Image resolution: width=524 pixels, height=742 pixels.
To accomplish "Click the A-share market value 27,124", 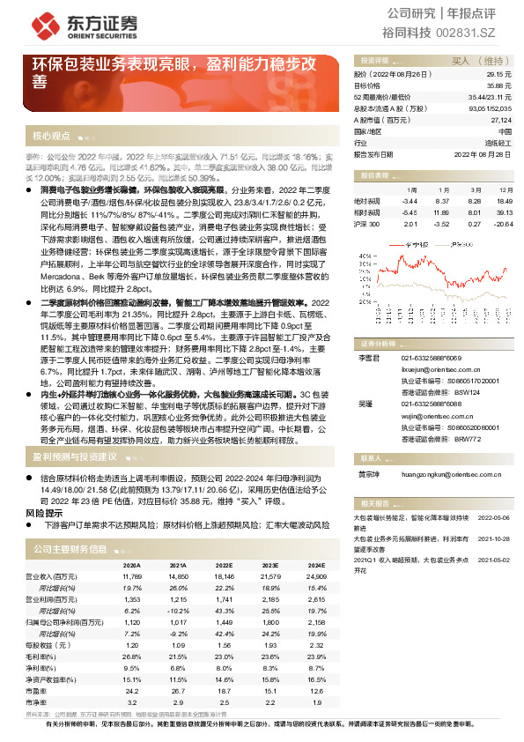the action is (499, 119).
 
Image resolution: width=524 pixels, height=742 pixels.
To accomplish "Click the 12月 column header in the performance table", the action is (504, 189).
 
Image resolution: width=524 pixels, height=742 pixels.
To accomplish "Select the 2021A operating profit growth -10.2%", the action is (179, 609).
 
